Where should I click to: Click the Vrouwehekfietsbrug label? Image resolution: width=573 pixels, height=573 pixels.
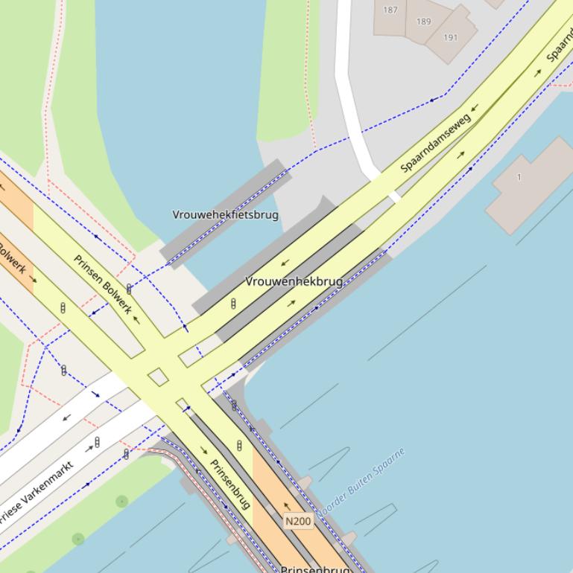pyautogui.click(x=225, y=215)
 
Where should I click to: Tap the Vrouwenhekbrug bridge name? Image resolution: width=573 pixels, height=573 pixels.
pyautogui.click(x=294, y=281)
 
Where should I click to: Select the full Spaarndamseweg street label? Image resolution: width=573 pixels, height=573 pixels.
pyautogui.click(x=436, y=143)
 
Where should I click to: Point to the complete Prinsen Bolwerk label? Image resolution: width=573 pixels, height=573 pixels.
pyautogui.click(x=103, y=284)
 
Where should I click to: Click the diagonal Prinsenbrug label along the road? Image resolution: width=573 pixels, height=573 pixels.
pyautogui.click(x=230, y=484)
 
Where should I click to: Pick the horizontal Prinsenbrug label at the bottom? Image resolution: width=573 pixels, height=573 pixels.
pyautogui.click(x=314, y=569)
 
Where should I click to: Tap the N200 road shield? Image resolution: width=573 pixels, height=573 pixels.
pyautogui.click(x=298, y=522)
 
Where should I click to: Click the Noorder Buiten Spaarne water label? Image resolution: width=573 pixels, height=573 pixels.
pyautogui.click(x=361, y=483)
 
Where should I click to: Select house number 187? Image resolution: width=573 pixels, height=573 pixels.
pyautogui.click(x=390, y=10)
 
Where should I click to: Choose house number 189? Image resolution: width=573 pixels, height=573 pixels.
pyautogui.click(x=423, y=21)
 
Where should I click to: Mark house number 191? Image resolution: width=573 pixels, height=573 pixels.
pyautogui.click(x=451, y=37)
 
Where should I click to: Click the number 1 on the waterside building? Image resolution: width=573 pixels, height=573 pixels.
pyautogui.click(x=519, y=177)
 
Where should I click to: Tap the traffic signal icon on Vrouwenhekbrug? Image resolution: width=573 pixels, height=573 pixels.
pyautogui.click(x=233, y=304)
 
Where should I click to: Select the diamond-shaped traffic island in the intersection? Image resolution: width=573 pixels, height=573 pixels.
pyautogui.click(x=158, y=377)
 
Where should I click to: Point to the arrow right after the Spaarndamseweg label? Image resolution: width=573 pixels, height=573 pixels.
pyautogui.click(x=475, y=109)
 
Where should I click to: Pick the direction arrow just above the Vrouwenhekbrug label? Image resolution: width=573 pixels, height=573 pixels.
pyautogui.click(x=284, y=263)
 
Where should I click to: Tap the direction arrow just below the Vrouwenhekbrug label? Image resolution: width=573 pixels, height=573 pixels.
pyautogui.click(x=291, y=303)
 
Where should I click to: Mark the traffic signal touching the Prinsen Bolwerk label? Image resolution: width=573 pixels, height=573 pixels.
pyautogui.click(x=129, y=289)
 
